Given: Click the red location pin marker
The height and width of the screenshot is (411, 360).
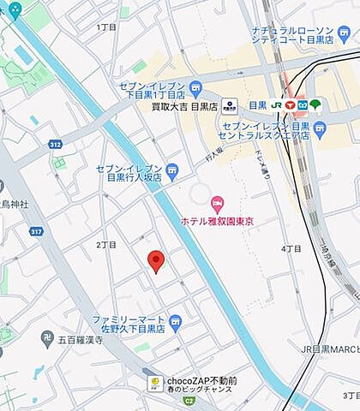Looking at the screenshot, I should pyautogui.click(x=155, y=261).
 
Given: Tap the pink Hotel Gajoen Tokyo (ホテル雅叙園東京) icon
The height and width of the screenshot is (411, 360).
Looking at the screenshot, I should pyautogui.click(x=217, y=204).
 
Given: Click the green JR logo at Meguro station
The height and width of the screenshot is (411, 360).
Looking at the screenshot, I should pyautogui.click(x=278, y=105).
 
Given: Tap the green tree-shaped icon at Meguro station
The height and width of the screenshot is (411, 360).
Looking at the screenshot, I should pyautogui.click(x=315, y=105).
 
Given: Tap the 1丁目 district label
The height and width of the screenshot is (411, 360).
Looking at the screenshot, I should pyautogui.click(x=107, y=27).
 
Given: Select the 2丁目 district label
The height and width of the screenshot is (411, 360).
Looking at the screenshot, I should pyautogui.click(x=106, y=245).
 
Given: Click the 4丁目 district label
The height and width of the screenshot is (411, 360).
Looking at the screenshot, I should pyautogui.click(x=291, y=248).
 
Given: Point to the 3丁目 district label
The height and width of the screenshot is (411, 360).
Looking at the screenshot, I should pyautogui.click(x=351, y=396).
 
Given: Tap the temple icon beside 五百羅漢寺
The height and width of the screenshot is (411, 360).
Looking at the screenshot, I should pyautogui.click(x=48, y=339).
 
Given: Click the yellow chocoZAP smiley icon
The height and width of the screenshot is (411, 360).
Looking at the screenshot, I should pyautogui.click(x=155, y=384).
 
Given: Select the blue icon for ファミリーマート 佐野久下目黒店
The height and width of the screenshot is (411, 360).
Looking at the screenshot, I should pyautogui.click(x=175, y=321).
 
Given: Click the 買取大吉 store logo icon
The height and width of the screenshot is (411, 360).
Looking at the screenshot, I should pyautogui.click(x=229, y=105).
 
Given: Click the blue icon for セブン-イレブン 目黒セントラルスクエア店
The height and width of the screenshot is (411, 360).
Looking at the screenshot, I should pyautogui.click(x=320, y=130).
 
